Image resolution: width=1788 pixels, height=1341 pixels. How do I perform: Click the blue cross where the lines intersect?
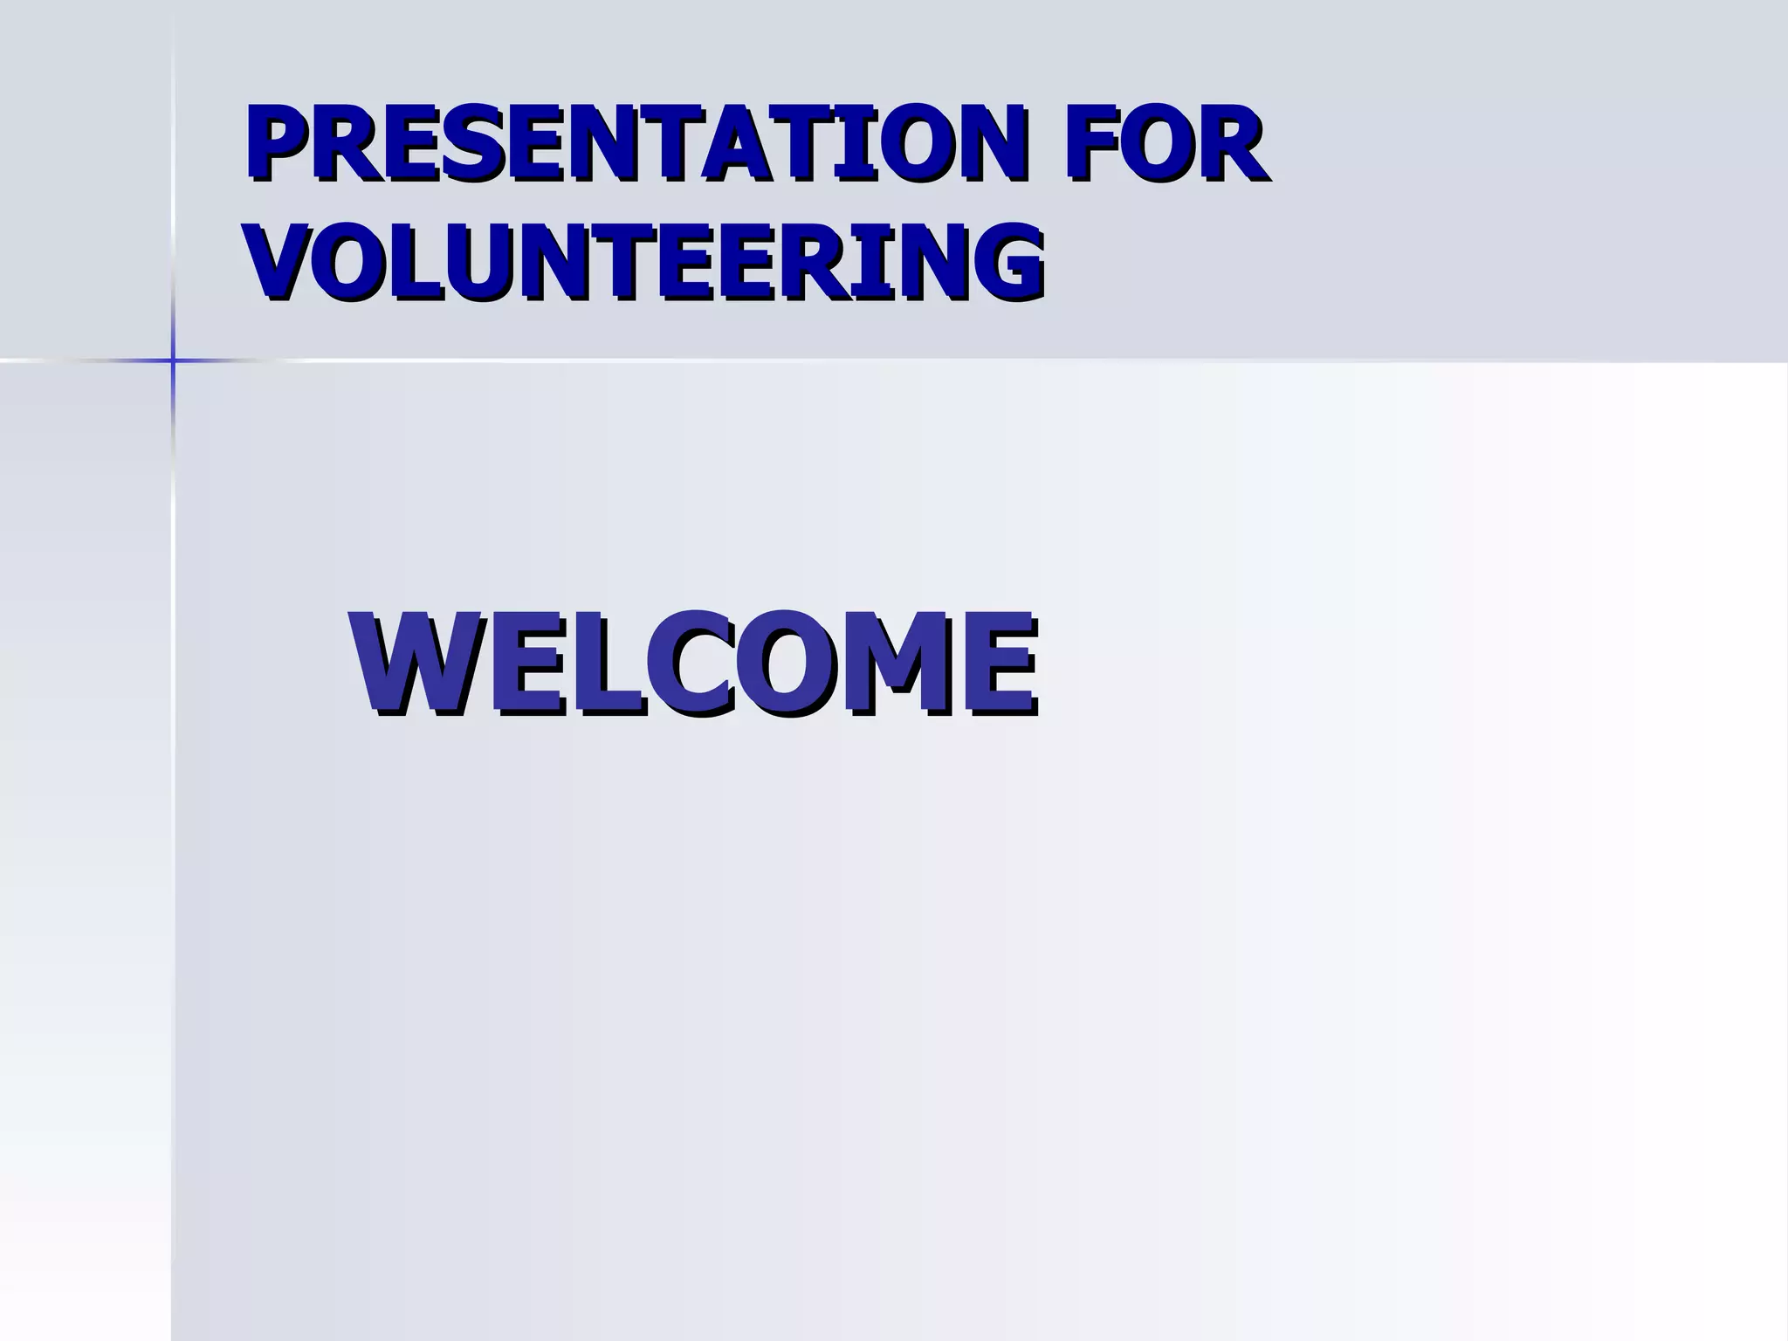[x=173, y=360]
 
